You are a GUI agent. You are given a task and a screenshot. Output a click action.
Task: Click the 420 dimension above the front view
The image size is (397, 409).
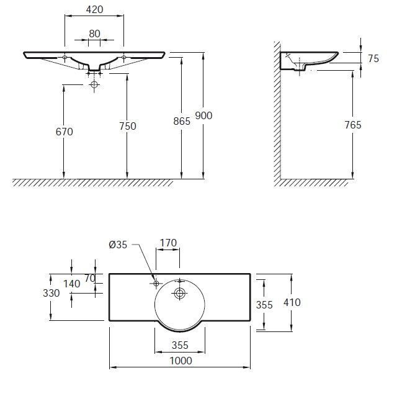click(94, 10)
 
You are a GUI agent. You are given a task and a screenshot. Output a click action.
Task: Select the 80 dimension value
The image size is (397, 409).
click(94, 34)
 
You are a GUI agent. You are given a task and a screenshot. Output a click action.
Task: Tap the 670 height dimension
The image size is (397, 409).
click(63, 132)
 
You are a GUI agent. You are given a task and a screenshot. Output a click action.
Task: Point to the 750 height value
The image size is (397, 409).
click(127, 126)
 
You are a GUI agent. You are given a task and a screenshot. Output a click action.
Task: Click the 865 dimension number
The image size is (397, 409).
click(182, 122)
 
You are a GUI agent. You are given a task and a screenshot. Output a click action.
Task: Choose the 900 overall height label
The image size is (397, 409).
click(203, 115)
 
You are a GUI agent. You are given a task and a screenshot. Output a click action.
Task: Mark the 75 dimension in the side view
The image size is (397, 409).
click(373, 58)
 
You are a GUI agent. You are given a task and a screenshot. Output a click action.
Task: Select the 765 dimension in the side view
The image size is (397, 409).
click(352, 125)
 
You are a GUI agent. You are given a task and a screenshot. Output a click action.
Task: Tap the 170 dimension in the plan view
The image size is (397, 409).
click(167, 243)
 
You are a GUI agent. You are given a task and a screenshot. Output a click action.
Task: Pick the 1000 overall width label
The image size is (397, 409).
click(181, 361)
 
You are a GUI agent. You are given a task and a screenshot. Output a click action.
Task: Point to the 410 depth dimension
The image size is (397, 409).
click(291, 302)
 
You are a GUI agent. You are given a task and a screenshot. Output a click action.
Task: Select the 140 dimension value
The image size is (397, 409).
click(71, 283)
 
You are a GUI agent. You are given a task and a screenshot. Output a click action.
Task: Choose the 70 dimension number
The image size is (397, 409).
click(91, 278)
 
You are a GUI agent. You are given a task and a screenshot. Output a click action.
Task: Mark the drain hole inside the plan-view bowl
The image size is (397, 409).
click(180, 293)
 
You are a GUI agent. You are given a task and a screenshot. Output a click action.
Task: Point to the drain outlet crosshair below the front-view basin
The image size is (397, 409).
click(94, 83)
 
